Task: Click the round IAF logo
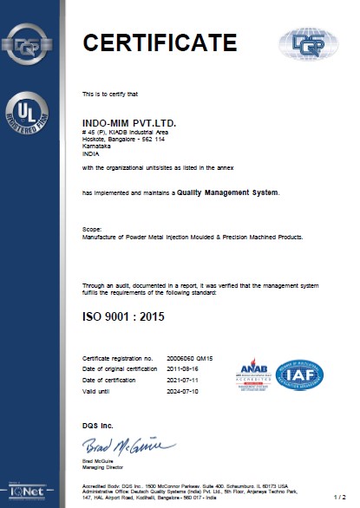tap(300, 374)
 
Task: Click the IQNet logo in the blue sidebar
tap(23, 495)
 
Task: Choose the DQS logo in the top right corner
tap(305, 41)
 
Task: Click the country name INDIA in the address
tap(89, 156)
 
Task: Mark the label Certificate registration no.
tap(117, 357)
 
